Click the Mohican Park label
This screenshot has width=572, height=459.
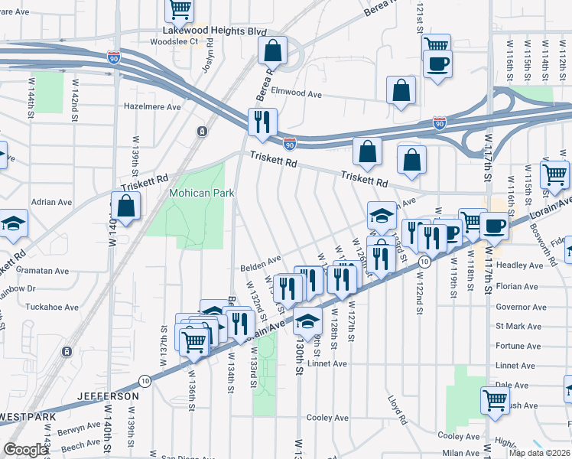pos(201,194)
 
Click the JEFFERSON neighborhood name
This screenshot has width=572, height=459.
pos(108,396)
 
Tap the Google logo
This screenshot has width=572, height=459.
pos(25,450)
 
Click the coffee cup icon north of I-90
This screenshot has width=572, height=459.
pos(438,63)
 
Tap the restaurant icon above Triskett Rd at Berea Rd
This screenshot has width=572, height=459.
pos(262,121)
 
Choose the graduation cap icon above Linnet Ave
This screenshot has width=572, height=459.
pos(307,320)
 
